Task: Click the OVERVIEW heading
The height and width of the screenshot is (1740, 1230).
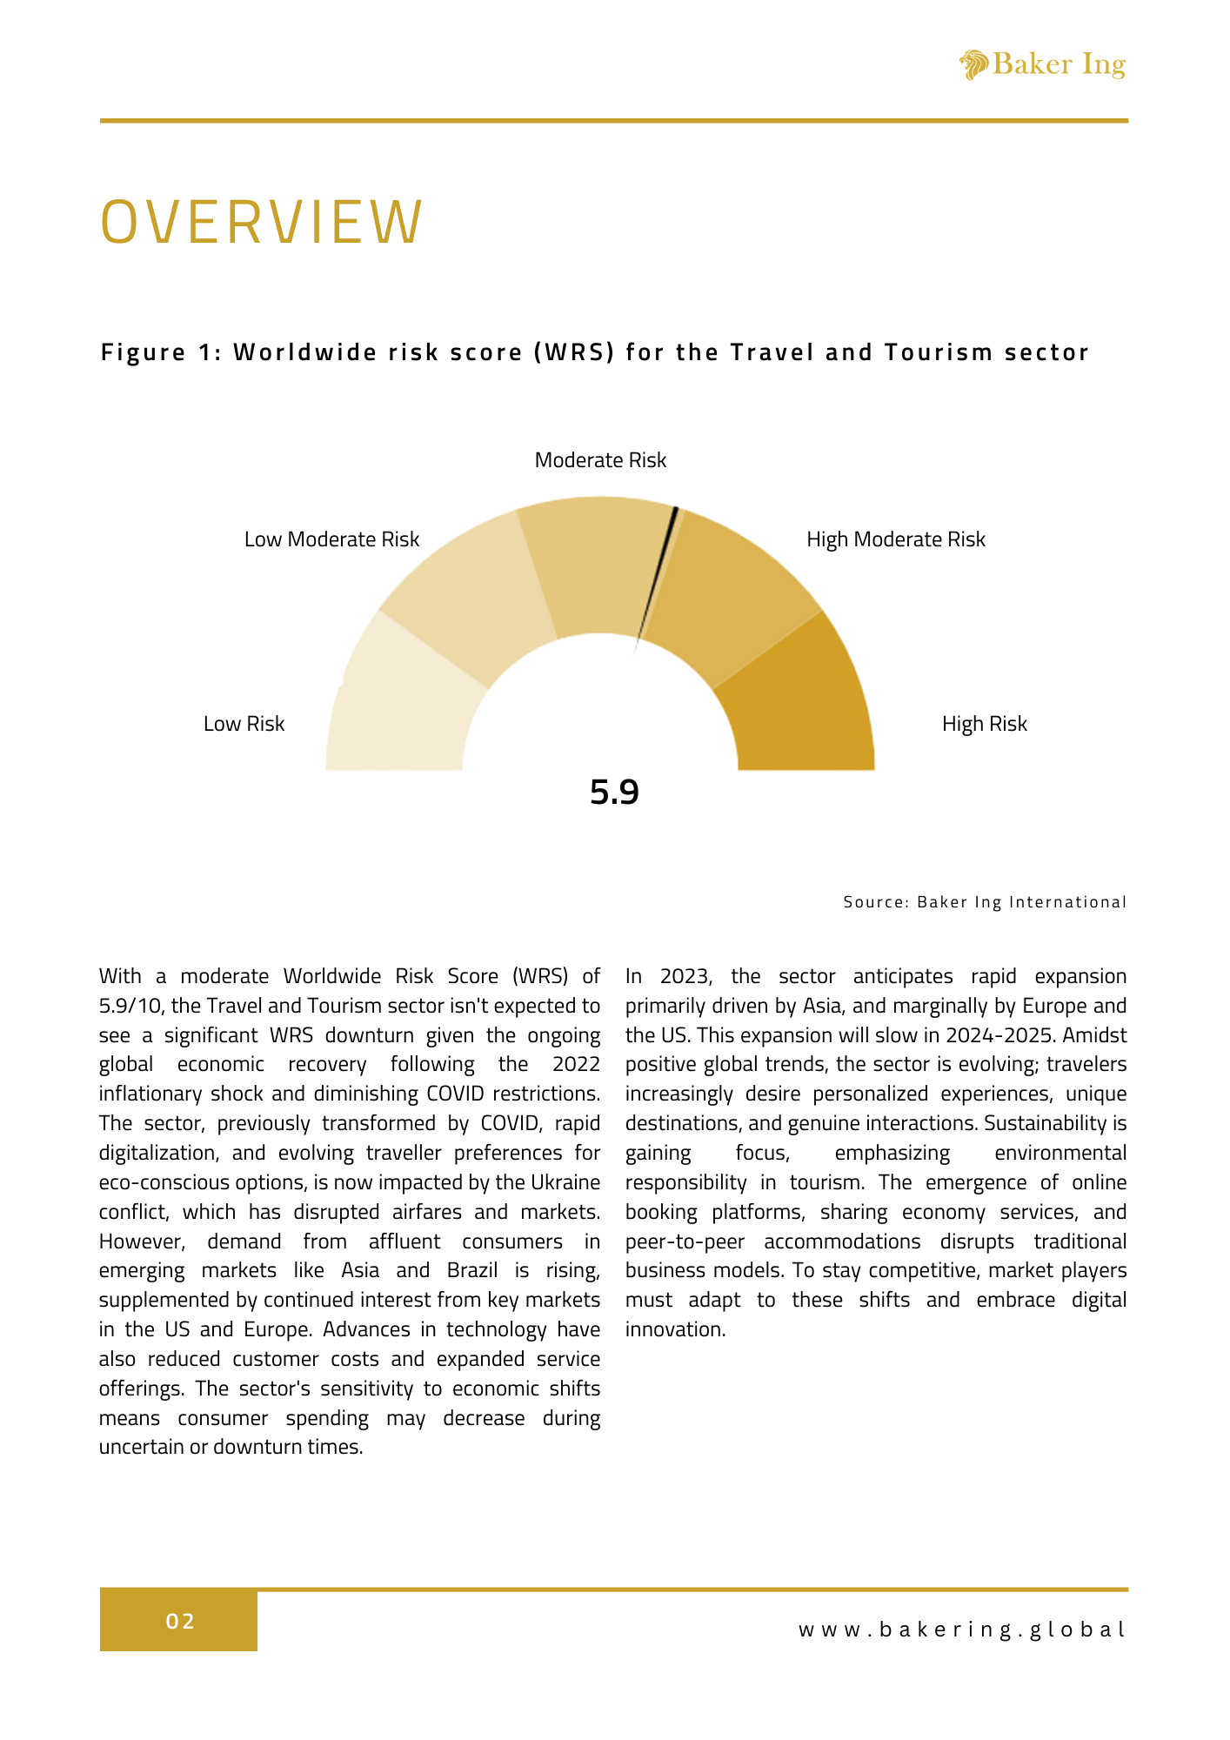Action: coord(262,222)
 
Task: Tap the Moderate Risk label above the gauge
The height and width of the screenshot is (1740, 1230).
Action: coord(600,460)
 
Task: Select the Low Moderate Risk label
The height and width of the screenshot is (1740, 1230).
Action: coord(331,539)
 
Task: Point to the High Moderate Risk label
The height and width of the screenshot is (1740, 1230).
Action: coord(896,539)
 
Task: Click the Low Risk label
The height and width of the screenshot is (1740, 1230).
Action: coord(244,724)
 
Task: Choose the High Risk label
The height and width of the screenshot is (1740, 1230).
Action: coord(984,724)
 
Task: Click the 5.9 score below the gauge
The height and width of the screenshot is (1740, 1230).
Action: coord(614,793)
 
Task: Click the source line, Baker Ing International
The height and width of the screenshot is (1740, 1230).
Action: coord(985,902)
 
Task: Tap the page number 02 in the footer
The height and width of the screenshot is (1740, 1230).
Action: coord(180,1621)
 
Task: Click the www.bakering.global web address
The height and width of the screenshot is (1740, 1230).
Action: coord(962,1630)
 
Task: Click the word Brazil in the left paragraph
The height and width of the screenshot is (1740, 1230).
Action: coord(471,1270)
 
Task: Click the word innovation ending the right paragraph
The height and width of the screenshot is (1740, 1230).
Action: coord(674,1329)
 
